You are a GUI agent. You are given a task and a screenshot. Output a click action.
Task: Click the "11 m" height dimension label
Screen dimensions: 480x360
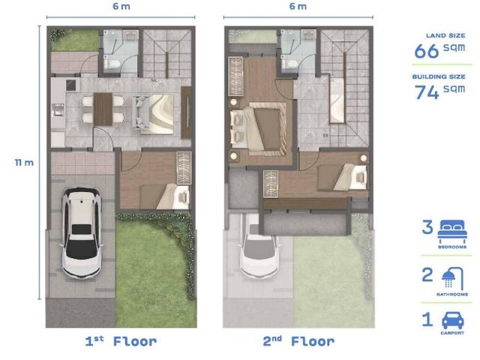click(x=24, y=162)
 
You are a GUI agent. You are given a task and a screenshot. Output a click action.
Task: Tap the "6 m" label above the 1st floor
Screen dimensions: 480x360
click(x=121, y=6)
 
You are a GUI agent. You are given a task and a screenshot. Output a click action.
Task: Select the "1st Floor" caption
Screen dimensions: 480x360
click(x=121, y=341)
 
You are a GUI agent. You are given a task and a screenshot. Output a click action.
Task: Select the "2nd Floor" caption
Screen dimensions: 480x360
click(x=298, y=341)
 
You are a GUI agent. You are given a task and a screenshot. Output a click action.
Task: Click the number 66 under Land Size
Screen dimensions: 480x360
click(x=427, y=51)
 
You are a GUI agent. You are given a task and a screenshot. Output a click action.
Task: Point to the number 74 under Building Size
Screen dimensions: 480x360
click(x=427, y=91)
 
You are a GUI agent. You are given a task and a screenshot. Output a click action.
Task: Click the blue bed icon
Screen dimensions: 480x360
click(x=452, y=232)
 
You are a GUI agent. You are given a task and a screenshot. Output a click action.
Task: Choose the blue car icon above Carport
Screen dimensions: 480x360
click(x=453, y=320)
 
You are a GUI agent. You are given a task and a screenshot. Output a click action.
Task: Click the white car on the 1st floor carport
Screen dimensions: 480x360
click(x=82, y=232)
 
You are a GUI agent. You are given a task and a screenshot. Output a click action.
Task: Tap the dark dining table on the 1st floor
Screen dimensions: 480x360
click(x=103, y=109)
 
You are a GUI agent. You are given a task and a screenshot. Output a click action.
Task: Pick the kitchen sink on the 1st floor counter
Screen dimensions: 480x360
click(x=58, y=110)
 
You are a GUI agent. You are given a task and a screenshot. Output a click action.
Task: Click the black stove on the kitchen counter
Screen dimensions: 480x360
click(x=70, y=85)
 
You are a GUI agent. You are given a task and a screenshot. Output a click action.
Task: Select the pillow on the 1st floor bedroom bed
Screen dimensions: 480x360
click(x=184, y=197)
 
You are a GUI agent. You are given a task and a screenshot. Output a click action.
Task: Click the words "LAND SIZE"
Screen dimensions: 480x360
click(x=445, y=35)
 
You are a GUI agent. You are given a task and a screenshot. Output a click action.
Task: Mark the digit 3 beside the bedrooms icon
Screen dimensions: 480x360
click(x=427, y=227)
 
